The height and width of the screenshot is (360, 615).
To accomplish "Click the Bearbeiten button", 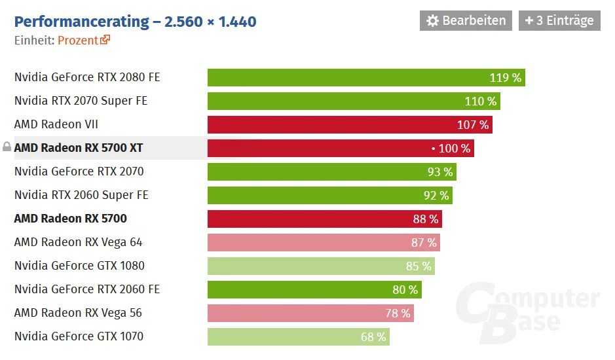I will (465, 20).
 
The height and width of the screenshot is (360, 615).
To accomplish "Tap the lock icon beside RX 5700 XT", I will (7, 147).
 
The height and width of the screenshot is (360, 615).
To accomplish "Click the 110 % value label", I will (480, 101).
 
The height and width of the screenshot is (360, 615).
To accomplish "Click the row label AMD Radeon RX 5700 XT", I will (78, 148).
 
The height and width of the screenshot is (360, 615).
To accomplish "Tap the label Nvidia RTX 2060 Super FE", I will (81, 195).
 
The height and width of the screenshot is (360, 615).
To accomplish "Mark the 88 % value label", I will (425, 219).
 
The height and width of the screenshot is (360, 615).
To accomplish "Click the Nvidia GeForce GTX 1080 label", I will (79, 266).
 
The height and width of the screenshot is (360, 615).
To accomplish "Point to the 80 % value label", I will (405, 289).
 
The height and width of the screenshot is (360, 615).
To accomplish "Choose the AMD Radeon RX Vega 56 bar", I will (301, 313).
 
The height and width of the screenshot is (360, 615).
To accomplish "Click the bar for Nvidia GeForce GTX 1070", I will (288, 336).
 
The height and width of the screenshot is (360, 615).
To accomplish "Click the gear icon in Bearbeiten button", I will (432, 20).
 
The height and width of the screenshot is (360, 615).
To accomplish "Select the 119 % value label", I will (505, 78).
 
